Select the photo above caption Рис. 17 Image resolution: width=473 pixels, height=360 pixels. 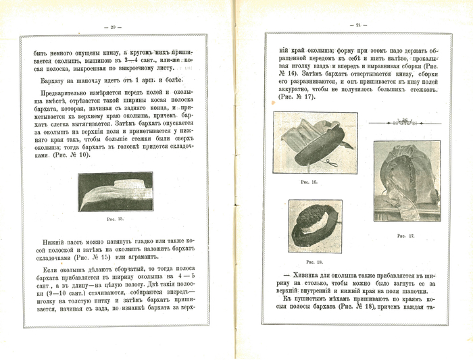(x=407, y=180)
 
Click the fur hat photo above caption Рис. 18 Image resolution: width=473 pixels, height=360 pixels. (x=315, y=226)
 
